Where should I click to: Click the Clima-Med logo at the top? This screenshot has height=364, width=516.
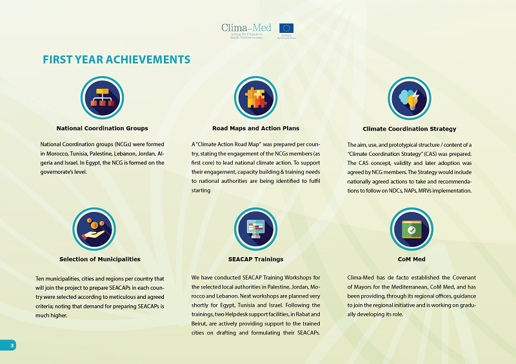(243, 30)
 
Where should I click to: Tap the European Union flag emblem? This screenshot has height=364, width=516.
(286, 28)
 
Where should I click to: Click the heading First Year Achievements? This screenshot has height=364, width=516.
(116, 60)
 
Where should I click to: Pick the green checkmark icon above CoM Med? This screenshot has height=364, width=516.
(411, 228)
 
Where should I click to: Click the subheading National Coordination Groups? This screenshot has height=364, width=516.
(103, 128)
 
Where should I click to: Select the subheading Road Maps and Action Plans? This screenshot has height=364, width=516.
(255, 128)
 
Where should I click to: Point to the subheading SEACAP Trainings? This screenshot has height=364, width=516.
(255, 259)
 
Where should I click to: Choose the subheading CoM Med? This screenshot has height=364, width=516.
(412, 259)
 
